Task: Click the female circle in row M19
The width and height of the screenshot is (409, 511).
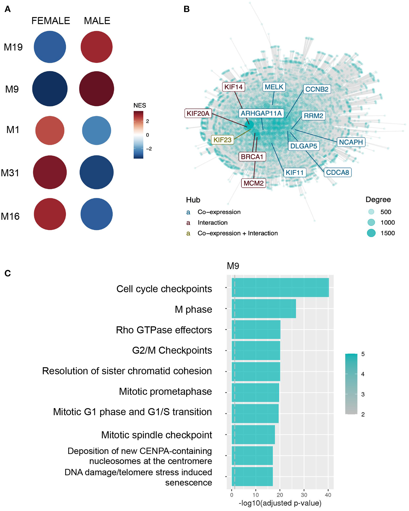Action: (50, 47)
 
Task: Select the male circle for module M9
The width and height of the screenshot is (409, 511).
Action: (96, 89)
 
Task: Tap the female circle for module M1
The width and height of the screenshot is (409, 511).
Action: (50, 131)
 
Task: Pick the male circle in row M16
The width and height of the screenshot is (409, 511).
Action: (96, 214)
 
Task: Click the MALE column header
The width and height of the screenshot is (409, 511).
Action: (97, 21)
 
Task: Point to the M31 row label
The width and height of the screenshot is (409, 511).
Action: (10, 173)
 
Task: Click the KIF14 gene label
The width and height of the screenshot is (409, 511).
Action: (233, 87)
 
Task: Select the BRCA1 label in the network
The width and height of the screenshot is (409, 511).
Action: (252, 157)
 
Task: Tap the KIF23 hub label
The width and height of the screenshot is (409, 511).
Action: (222, 140)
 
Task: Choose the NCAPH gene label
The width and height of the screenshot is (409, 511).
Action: (351, 142)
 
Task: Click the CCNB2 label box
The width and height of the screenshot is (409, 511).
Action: (317, 89)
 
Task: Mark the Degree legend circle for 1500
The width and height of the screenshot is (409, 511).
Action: (371, 233)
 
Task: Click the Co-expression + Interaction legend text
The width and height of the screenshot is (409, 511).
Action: (237, 233)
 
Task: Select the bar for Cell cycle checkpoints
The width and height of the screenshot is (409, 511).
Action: (280, 287)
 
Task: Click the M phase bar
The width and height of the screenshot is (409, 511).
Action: (264, 309)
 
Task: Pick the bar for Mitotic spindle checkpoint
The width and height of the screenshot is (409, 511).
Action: (253, 435)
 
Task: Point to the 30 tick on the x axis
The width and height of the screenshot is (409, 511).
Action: (304, 495)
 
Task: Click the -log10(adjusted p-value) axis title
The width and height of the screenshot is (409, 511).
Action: (280, 503)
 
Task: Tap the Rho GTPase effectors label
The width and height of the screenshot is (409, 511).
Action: (164, 330)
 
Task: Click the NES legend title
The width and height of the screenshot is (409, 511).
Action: (140, 106)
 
